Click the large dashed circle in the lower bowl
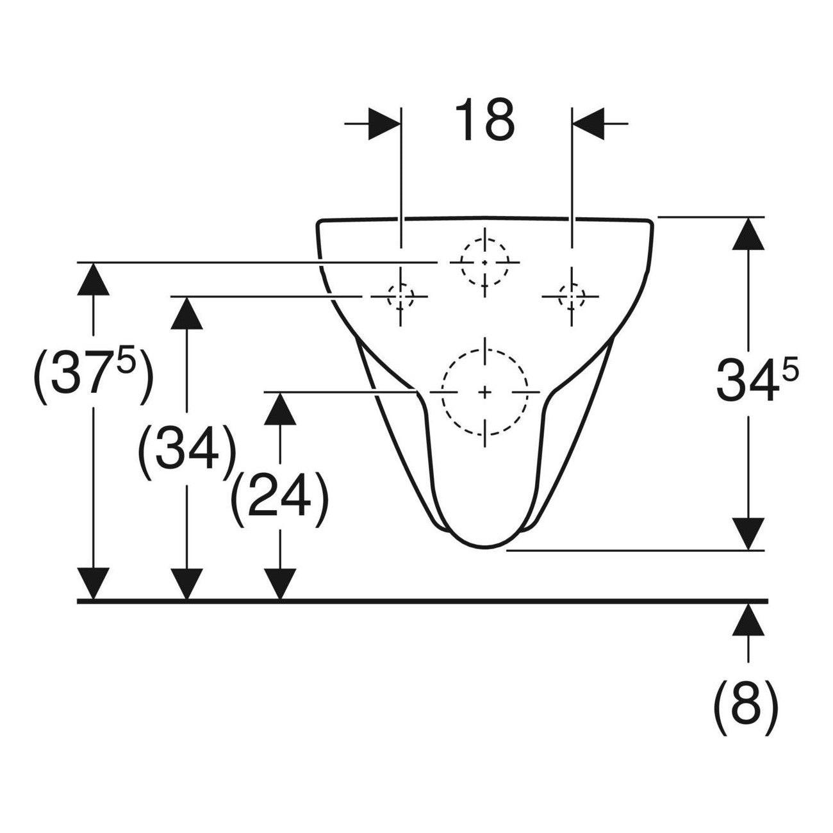click(x=484, y=392)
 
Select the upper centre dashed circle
click(x=484, y=262)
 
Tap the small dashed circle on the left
click(x=400, y=296)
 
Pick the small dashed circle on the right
click(x=572, y=296)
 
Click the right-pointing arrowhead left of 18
click(x=384, y=124)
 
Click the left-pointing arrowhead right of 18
click(x=588, y=124)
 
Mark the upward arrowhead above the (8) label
click(x=748, y=620)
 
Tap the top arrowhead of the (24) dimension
click(x=280, y=409)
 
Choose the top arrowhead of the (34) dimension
click(x=186, y=313)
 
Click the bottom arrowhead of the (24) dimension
click(x=280, y=584)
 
